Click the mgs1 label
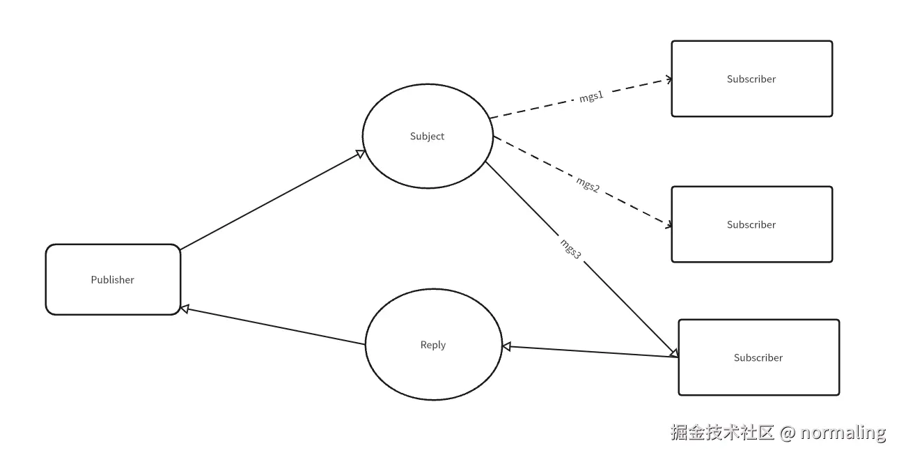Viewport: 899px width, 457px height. tap(591, 98)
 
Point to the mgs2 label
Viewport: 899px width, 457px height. tap(588, 185)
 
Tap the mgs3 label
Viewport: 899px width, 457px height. tap(570, 249)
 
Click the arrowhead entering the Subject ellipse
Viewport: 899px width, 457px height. tap(361, 153)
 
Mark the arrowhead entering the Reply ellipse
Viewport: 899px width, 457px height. tap(507, 346)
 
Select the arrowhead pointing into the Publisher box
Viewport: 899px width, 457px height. tap(185, 308)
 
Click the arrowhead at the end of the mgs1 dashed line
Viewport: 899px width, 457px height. tap(669, 79)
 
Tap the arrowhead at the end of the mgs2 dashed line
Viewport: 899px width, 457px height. tap(669, 225)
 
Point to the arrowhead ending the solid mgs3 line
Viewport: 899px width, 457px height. tap(673, 353)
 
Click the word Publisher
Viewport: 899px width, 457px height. tap(112, 280)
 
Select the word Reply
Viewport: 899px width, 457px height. tap(432, 345)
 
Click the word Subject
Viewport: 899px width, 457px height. tap(427, 137)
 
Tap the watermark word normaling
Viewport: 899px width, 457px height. tap(843, 433)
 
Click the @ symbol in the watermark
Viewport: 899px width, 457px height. tap(787, 433)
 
